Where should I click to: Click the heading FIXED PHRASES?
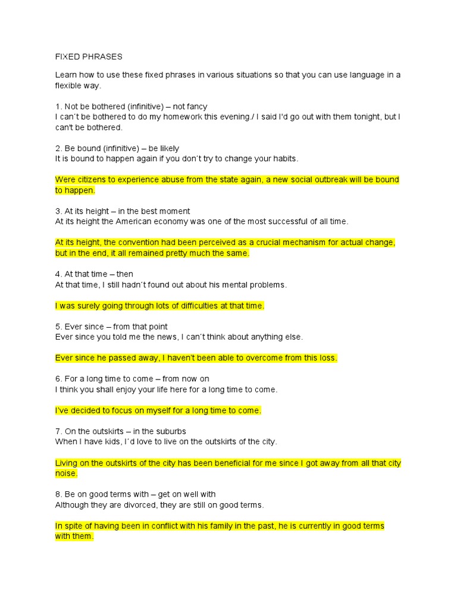click(89, 57)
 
